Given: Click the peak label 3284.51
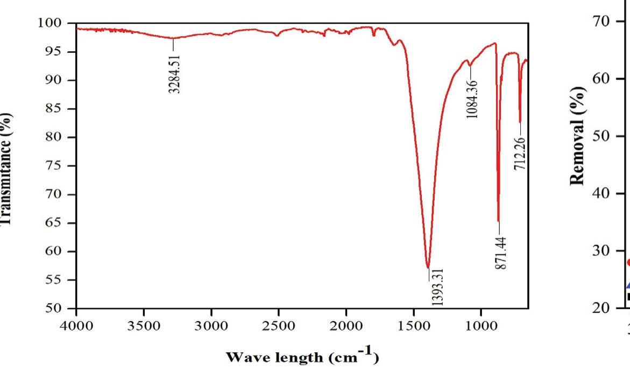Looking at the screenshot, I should click(174, 73).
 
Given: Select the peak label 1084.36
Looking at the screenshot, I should click(473, 101).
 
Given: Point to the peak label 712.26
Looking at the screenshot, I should click(520, 154).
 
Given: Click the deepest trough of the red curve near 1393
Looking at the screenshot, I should click(428, 267).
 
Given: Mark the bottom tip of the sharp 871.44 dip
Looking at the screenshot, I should click(499, 221).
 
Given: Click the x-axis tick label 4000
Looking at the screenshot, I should click(76, 326).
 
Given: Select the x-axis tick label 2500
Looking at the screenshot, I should click(279, 326).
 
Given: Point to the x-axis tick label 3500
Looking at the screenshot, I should click(144, 326).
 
